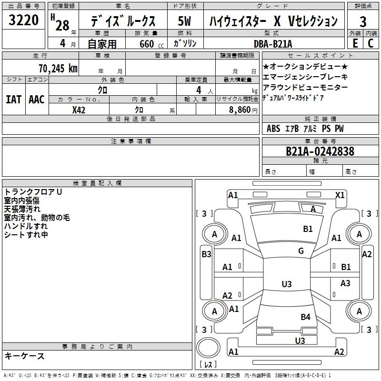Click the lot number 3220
click(x=23, y=20)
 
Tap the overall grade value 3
click(x=363, y=21)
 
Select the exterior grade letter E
click(x=355, y=43)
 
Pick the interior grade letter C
click(x=371, y=43)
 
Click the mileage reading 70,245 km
click(x=58, y=68)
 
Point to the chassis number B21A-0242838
click(x=320, y=151)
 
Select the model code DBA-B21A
click(x=273, y=44)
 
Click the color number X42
click(x=79, y=110)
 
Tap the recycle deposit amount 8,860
click(x=240, y=110)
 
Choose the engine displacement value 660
click(x=147, y=44)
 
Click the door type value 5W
click(x=184, y=21)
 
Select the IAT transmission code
click(x=13, y=100)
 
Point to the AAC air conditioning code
click(x=37, y=100)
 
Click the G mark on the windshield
click(x=301, y=251)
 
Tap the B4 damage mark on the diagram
click(x=305, y=317)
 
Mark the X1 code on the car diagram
click(x=340, y=195)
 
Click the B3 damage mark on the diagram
click(x=206, y=254)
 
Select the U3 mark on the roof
click(x=287, y=284)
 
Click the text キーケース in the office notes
click(x=24, y=356)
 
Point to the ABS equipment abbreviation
click(x=273, y=129)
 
